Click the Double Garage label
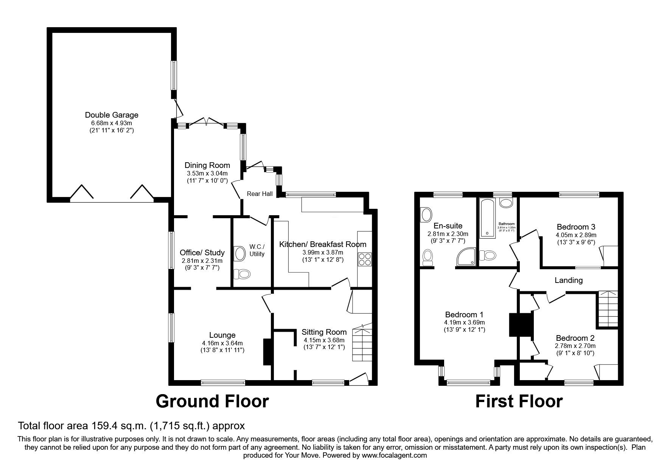click(x=112, y=115)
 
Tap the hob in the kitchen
click(x=364, y=259)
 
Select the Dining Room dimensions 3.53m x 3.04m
click(x=207, y=173)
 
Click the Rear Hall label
click(x=260, y=194)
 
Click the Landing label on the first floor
click(x=568, y=280)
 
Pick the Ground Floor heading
click(x=212, y=401)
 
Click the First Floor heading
click(x=519, y=401)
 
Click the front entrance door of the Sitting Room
click(x=358, y=379)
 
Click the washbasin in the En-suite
click(x=426, y=215)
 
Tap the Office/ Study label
click(x=202, y=253)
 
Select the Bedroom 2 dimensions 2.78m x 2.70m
click(x=575, y=346)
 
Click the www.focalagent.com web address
click(x=394, y=455)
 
